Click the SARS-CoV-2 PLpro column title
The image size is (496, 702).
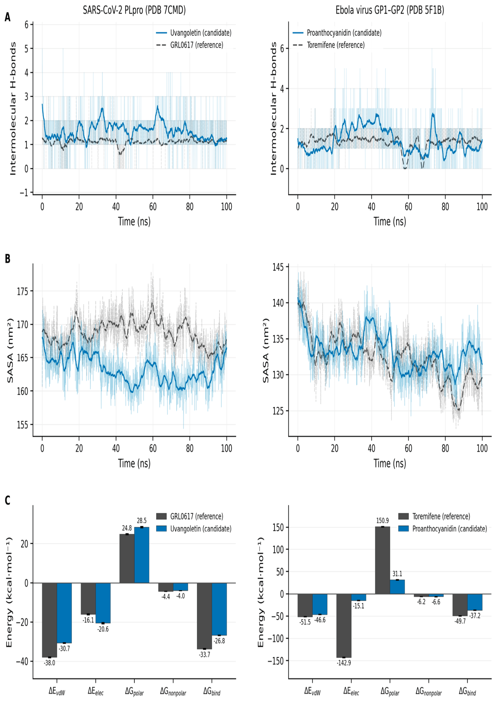[134, 10]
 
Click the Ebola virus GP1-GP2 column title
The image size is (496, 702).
[390, 10]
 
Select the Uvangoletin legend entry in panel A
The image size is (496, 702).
[194, 33]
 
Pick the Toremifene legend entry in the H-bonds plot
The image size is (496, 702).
[329, 45]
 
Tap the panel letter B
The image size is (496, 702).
[7, 259]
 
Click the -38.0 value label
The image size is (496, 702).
[49, 663]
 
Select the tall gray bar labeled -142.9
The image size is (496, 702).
[344, 626]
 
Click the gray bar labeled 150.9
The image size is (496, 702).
[382, 560]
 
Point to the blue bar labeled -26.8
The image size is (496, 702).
[219, 609]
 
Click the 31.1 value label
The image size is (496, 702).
[397, 574]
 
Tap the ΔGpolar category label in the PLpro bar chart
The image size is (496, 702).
[134, 691]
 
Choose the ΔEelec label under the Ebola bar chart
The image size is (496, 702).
[351, 691]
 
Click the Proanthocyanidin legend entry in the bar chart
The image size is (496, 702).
[442, 529]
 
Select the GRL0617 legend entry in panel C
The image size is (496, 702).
[190, 516]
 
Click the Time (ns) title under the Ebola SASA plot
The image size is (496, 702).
[390, 463]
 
